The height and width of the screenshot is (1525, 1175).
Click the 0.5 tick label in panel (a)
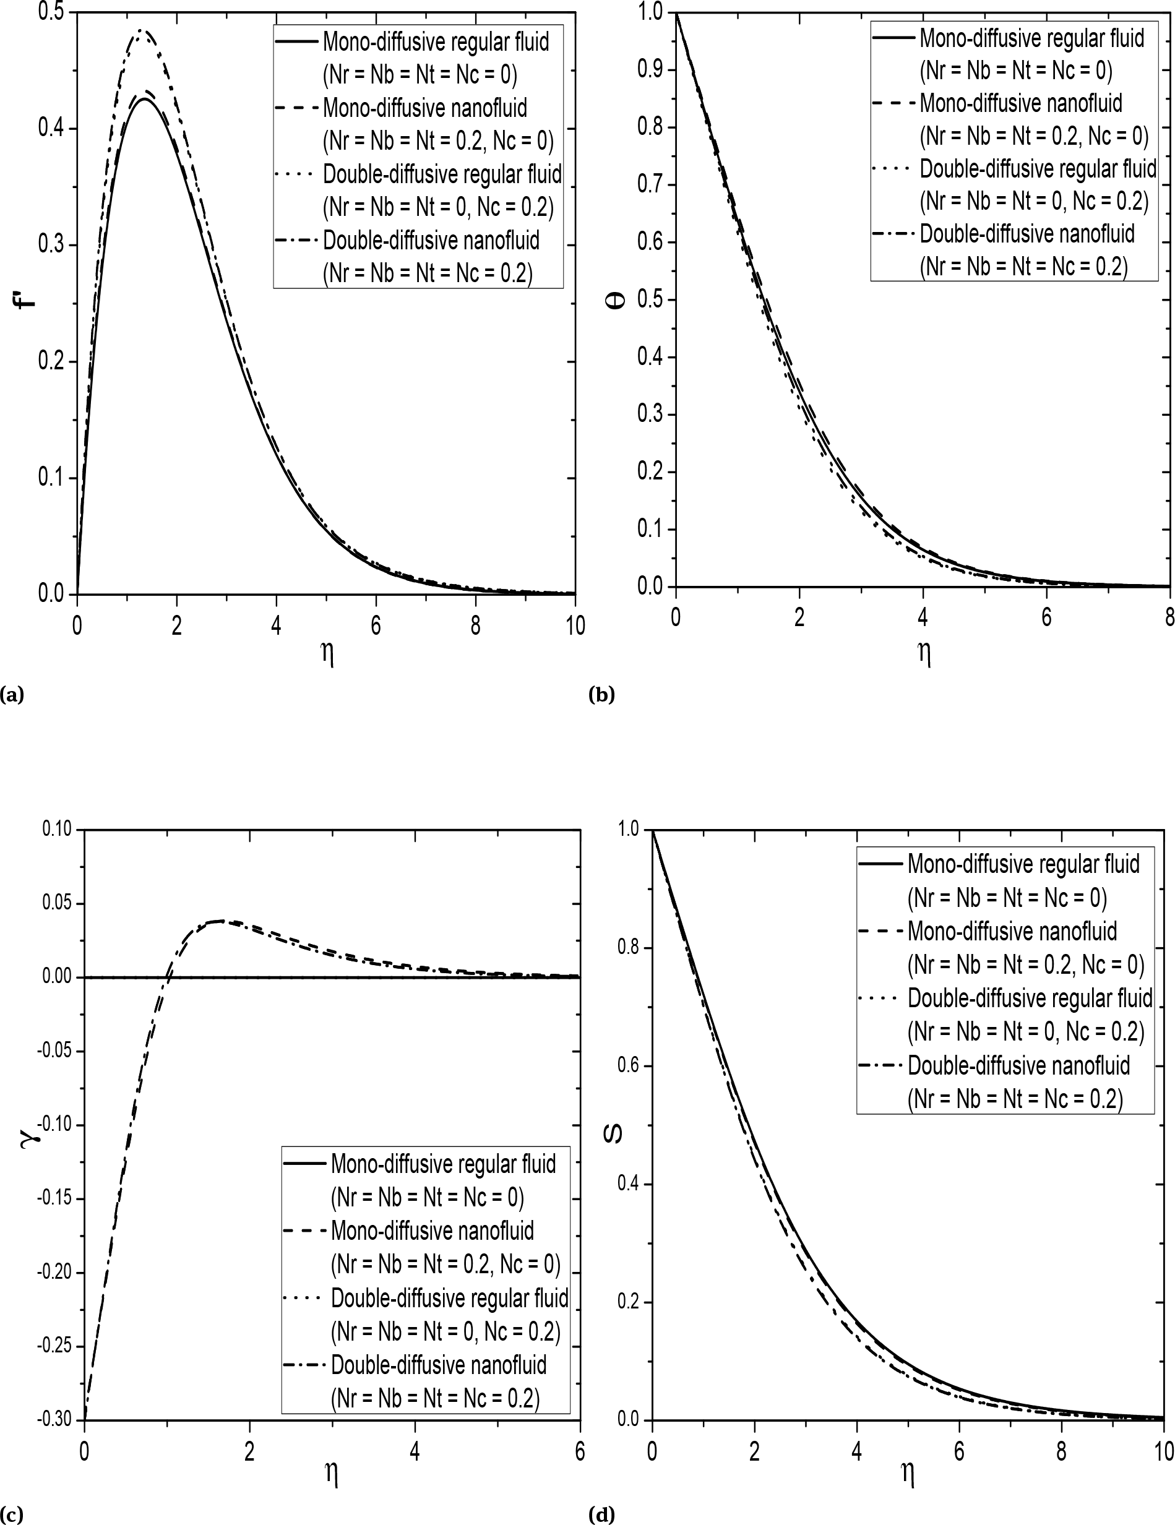[x=51, y=12]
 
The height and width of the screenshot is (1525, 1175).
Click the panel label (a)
[x=12, y=695]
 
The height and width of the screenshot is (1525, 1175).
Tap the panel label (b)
[x=602, y=695]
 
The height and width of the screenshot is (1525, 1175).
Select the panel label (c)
[x=12, y=1514]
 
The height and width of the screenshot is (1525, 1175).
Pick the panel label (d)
[x=602, y=1514]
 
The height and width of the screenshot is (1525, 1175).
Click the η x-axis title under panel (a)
[x=327, y=655]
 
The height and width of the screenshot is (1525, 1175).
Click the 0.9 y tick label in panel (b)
[x=651, y=70]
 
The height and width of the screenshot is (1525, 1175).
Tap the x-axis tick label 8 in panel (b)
[x=1169, y=618]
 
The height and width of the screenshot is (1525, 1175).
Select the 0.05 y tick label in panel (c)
[x=58, y=903]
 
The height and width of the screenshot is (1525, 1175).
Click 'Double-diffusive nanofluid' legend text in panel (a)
[x=431, y=240]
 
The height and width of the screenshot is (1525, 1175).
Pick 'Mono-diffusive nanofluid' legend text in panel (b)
[x=1021, y=103]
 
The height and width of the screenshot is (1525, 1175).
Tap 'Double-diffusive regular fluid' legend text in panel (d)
[x=1030, y=998]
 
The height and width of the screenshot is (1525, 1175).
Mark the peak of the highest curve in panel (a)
[x=142, y=31]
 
